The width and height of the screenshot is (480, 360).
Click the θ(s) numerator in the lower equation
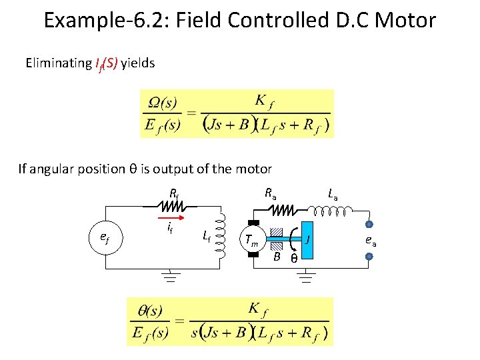click(149, 311)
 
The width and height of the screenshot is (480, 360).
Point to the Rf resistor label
click(173, 195)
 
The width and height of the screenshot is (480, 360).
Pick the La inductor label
click(333, 195)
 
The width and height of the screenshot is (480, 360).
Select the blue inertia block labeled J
click(308, 239)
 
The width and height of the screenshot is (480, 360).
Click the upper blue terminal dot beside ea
click(368, 225)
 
